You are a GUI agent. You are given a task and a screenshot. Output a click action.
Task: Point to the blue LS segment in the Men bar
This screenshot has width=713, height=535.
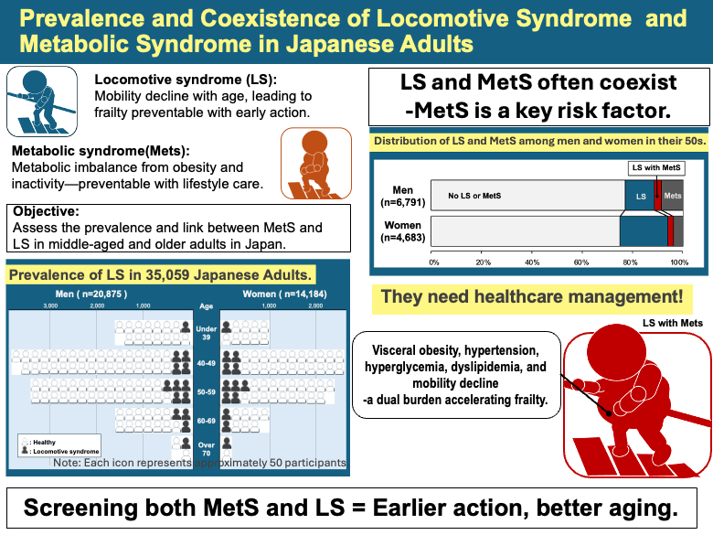[640, 196]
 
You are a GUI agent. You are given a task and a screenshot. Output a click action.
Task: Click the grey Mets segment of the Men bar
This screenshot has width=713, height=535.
[672, 196]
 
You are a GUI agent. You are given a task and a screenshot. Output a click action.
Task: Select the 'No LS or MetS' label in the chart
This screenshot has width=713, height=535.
[474, 196]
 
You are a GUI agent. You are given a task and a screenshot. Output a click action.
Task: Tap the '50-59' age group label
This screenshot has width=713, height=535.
[207, 391]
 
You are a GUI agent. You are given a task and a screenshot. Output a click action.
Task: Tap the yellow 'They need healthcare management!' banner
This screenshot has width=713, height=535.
[531, 297]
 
